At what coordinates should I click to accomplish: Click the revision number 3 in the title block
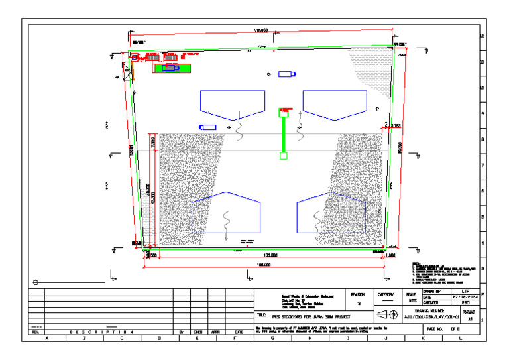click(358, 304)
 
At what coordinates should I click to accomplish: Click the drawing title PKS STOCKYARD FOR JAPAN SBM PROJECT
click(306, 316)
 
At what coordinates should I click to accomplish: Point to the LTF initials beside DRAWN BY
click(465, 291)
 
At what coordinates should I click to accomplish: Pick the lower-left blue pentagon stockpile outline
click(225, 212)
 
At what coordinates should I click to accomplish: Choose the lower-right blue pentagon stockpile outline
click(331, 212)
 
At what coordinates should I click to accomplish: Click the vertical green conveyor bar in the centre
click(284, 133)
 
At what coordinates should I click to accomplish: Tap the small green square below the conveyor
click(284, 156)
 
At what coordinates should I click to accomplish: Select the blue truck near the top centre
click(286, 74)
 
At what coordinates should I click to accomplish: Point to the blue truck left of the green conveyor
click(207, 127)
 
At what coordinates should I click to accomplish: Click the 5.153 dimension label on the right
click(394, 125)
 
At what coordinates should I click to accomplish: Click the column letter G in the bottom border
click(272, 338)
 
